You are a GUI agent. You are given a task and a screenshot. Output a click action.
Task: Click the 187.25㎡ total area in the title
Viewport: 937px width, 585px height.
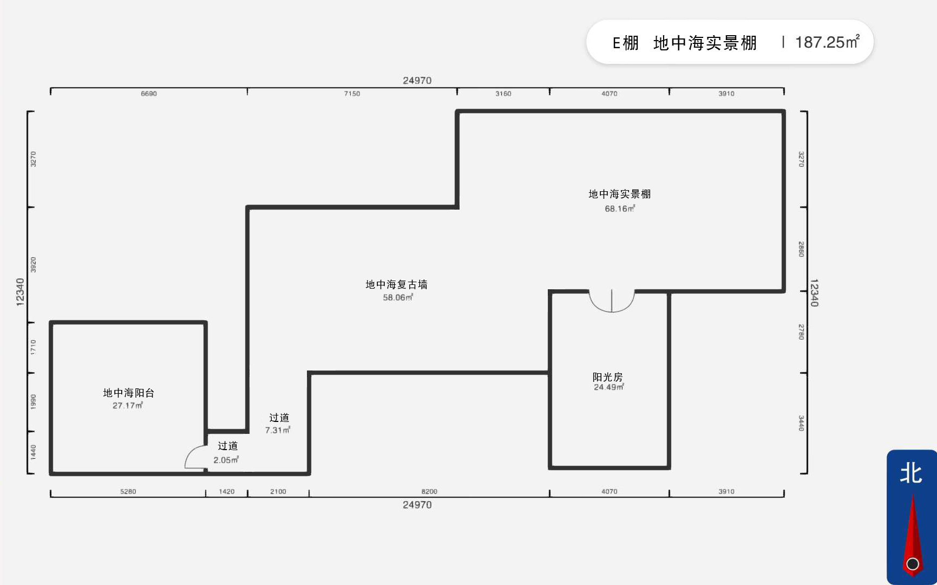click(x=827, y=42)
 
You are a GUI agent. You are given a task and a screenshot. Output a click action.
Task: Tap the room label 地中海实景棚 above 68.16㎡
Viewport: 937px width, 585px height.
click(x=620, y=194)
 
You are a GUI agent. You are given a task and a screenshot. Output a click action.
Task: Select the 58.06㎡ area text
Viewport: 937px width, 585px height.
click(x=398, y=297)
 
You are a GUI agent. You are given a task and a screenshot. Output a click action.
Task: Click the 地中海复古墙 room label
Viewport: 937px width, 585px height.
click(x=397, y=284)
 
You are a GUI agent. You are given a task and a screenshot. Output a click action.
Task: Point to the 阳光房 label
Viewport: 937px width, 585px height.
click(x=608, y=377)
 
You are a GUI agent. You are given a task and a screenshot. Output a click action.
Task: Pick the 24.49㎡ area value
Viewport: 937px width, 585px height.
click(x=609, y=387)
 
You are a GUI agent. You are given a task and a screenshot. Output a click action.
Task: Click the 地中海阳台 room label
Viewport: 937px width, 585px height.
click(x=129, y=393)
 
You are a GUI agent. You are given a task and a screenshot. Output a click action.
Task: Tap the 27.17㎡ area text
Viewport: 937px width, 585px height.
click(x=128, y=406)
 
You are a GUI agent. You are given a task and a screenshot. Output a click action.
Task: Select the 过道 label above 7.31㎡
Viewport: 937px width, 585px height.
click(x=279, y=418)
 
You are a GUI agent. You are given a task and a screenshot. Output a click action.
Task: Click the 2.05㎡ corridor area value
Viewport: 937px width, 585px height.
click(x=226, y=460)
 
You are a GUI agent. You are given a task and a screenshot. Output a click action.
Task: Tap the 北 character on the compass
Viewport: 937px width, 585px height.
click(x=911, y=473)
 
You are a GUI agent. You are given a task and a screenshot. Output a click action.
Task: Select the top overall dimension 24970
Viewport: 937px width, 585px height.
click(x=417, y=81)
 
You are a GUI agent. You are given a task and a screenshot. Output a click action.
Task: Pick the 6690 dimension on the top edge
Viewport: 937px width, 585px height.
click(x=149, y=94)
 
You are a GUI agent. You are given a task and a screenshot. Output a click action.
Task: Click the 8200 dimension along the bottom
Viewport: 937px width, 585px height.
click(x=429, y=491)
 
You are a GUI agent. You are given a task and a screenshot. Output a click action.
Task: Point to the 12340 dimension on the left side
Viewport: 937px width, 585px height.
click(x=20, y=292)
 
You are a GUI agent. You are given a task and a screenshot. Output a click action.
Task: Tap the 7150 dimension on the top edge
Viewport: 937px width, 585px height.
click(x=352, y=94)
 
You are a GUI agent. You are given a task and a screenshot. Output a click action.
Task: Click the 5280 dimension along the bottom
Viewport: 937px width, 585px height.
click(x=128, y=491)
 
